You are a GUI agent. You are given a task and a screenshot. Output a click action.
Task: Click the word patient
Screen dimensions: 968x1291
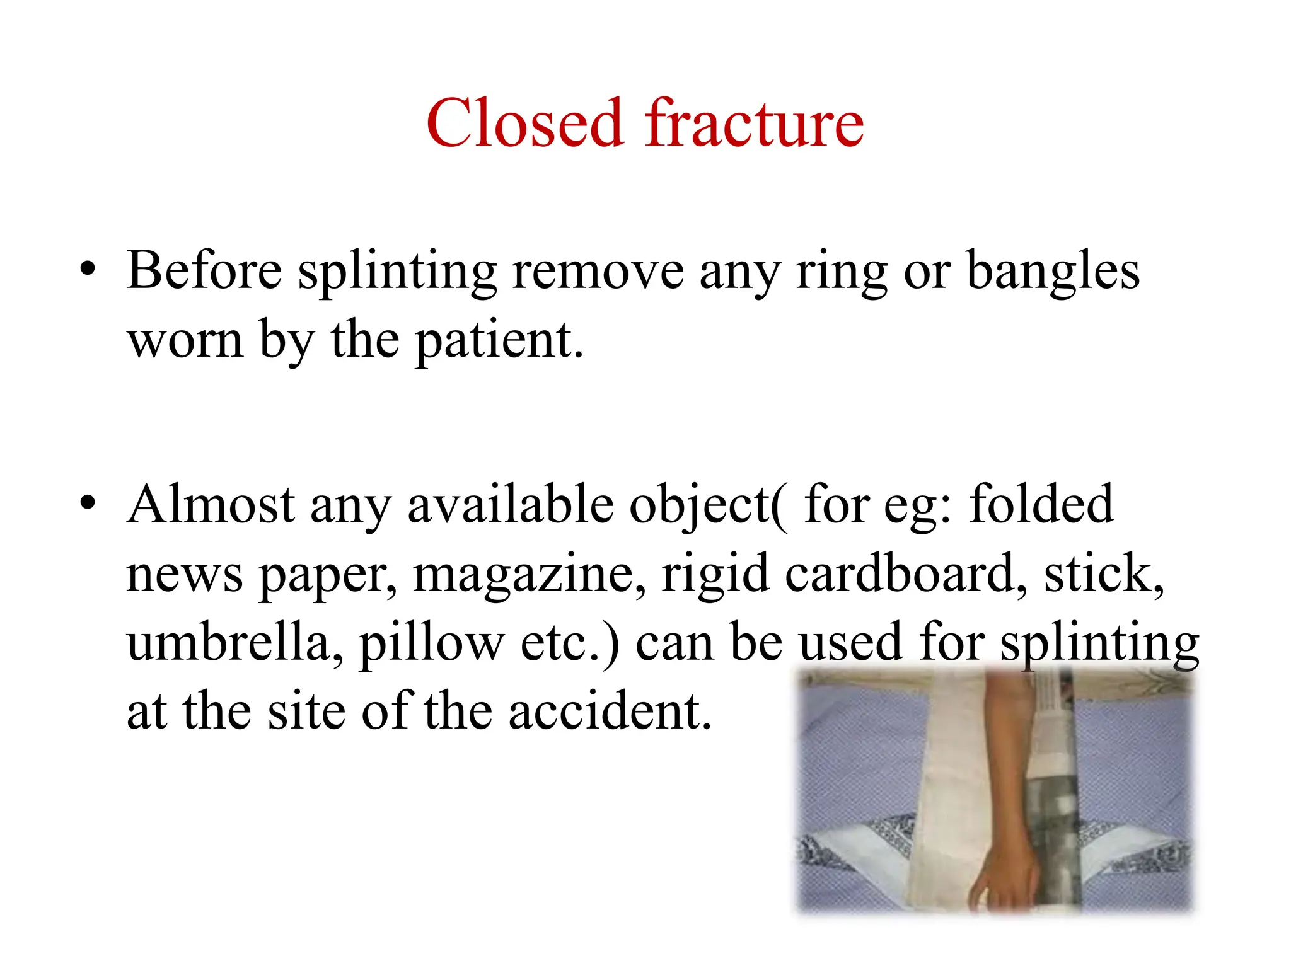click(x=499, y=341)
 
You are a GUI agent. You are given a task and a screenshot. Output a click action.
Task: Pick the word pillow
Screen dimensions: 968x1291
click(x=431, y=643)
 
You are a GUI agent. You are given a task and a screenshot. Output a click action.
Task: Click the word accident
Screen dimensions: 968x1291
click(x=610, y=712)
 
